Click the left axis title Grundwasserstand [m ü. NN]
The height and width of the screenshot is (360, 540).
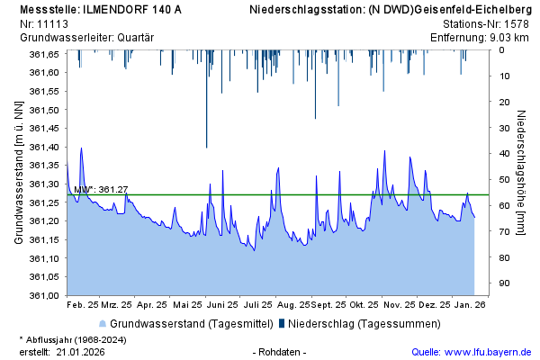(18, 173)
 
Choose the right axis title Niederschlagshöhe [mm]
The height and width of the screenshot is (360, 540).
(521, 173)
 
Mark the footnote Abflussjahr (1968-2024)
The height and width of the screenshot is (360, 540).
(79, 339)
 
